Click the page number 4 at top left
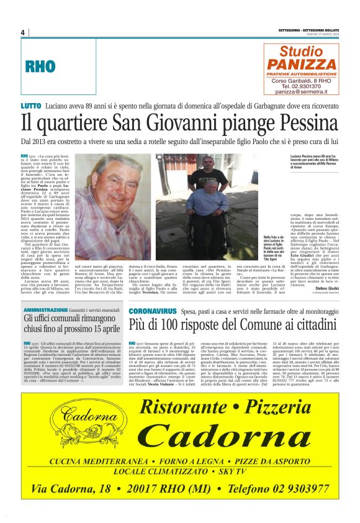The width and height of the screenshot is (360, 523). (22, 33)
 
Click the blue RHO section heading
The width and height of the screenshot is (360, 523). (40, 68)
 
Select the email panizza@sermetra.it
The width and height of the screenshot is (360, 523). (301, 91)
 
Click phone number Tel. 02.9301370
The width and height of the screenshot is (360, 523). (301, 86)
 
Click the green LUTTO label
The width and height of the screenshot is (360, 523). (31, 107)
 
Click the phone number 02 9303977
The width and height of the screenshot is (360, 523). (289, 489)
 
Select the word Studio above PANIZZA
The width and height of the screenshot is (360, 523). (302, 51)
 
